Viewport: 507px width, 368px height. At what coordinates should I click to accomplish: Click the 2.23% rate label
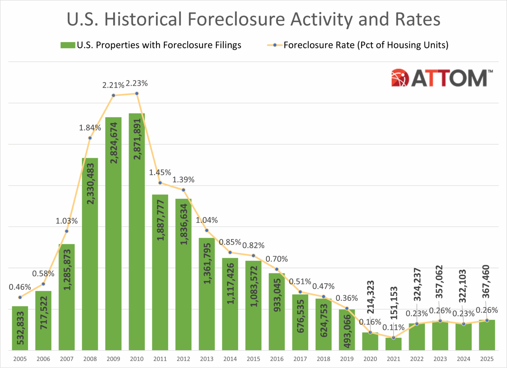(x=137, y=83)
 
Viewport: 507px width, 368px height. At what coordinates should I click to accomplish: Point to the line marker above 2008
(x=90, y=138)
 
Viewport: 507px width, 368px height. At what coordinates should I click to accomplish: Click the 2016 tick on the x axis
(x=277, y=359)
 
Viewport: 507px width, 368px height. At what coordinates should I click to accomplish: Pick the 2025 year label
(x=487, y=359)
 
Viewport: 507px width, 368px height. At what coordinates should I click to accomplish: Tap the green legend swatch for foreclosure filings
(x=68, y=45)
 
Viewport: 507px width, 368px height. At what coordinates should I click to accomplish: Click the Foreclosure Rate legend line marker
(x=275, y=45)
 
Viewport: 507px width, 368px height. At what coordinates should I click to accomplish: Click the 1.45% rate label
(x=160, y=173)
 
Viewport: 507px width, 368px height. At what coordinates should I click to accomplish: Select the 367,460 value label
(x=486, y=281)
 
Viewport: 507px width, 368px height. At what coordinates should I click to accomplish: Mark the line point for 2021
(x=393, y=338)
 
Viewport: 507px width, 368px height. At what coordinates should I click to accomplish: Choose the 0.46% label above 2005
(x=20, y=287)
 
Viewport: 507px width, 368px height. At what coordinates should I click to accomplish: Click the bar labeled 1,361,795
(x=207, y=294)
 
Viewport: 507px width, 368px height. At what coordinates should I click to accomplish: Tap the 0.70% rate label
(x=276, y=259)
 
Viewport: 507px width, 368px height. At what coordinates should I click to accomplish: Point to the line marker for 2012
(x=183, y=190)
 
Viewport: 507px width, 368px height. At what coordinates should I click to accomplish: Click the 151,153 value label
(x=394, y=303)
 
